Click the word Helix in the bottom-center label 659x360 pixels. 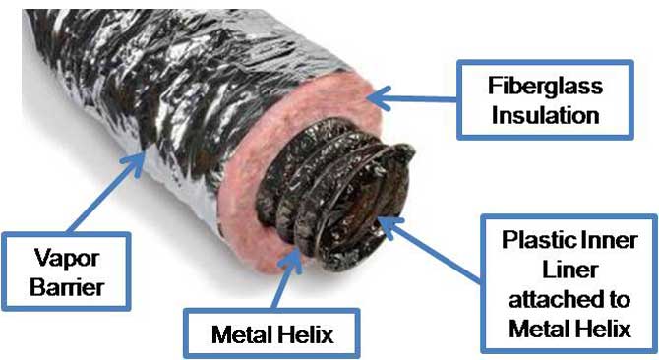point(301,334)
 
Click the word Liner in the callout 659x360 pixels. point(569,272)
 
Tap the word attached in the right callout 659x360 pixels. point(543,301)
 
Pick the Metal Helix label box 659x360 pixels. point(273,334)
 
